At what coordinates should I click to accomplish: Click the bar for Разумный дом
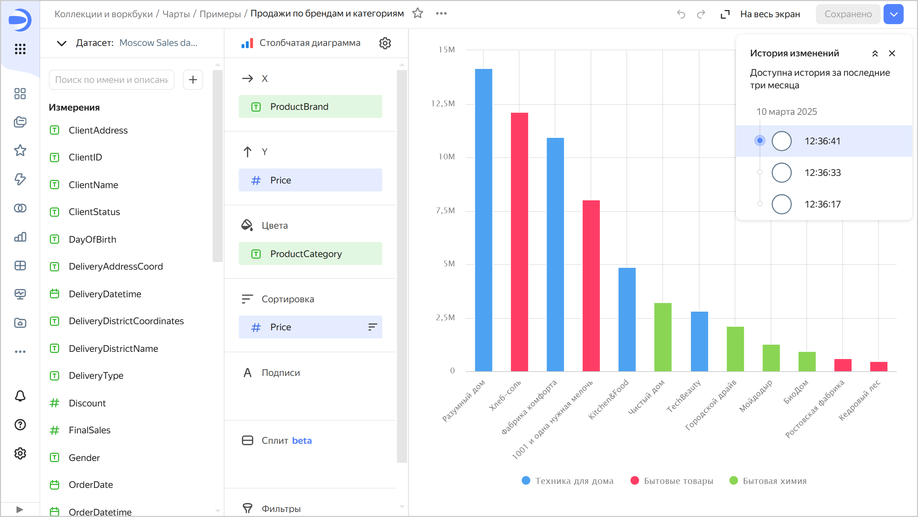click(483, 220)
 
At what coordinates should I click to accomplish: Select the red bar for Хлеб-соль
click(519, 242)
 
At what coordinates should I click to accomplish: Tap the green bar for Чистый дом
click(663, 337)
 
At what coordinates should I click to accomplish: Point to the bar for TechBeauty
click(699, 341)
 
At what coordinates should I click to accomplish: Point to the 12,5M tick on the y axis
click(443, 104)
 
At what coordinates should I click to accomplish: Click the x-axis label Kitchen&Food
click(609, 399)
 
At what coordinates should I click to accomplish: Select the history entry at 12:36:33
click(823, 173)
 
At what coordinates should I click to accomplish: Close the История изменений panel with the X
click(892, 53)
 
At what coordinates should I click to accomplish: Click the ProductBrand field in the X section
click(310, 107)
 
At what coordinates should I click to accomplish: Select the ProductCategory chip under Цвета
click(310, 254)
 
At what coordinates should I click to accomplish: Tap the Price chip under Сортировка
click(310, 327)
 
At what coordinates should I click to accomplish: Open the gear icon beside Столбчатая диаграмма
click(385, 43)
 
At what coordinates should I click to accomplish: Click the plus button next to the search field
click(193, 80)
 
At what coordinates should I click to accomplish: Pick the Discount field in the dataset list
click(87, 403)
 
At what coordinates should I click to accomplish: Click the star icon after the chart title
click(418, 14)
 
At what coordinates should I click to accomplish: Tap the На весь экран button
click(761, 14)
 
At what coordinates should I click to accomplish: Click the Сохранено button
click(848, 14)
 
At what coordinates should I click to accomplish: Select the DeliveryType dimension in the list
click(96, 376)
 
